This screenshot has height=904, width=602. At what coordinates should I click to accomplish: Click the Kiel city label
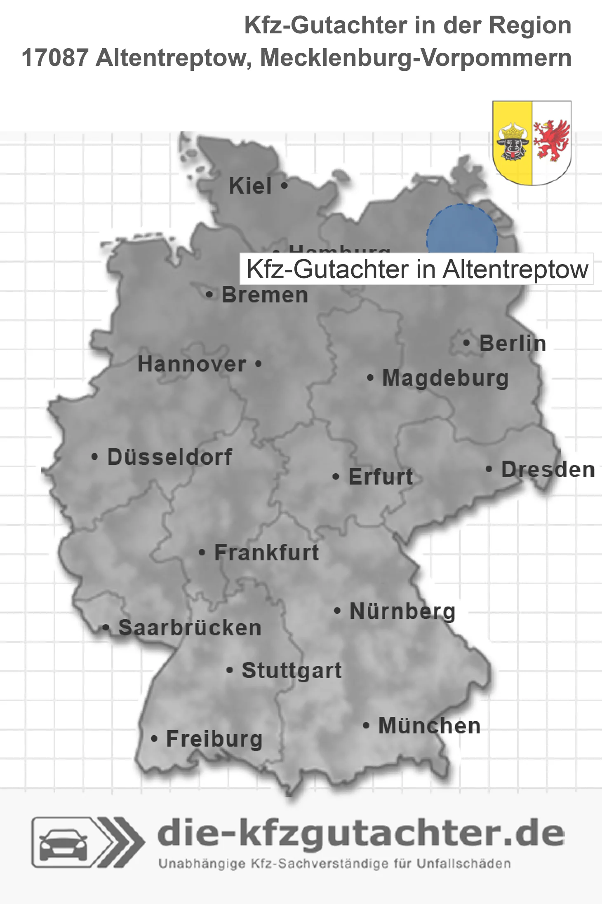[x=250, y=186]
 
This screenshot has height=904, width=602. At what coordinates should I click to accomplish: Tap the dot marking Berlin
[x=466, y=343]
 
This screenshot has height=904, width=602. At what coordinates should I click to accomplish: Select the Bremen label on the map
[x=265, y=295]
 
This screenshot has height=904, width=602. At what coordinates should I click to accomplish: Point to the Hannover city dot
[x=258, y=364]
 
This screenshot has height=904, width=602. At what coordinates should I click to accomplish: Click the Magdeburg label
[x=445, y=378]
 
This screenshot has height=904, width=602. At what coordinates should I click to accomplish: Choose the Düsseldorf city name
[x=169, y=457]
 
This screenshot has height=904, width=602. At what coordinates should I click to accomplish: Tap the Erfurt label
[x=381, y=477]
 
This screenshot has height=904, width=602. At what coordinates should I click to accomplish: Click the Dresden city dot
[x=489, y=469]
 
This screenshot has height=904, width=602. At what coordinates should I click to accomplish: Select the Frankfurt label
[x=267, y=553]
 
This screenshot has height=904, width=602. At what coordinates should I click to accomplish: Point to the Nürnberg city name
[x=402, y=611]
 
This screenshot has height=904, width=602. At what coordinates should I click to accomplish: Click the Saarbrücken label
[x=190, y=628]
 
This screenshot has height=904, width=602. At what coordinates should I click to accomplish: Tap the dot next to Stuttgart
[x=230, y=670]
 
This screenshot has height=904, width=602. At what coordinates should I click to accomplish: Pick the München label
[x=429, y=726]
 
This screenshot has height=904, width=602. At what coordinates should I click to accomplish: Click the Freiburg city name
[x=214, y=739]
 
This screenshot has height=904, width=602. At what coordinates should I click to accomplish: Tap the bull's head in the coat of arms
[x=513, y=143]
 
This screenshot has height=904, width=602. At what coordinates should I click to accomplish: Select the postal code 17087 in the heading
[x=55, y=58]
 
